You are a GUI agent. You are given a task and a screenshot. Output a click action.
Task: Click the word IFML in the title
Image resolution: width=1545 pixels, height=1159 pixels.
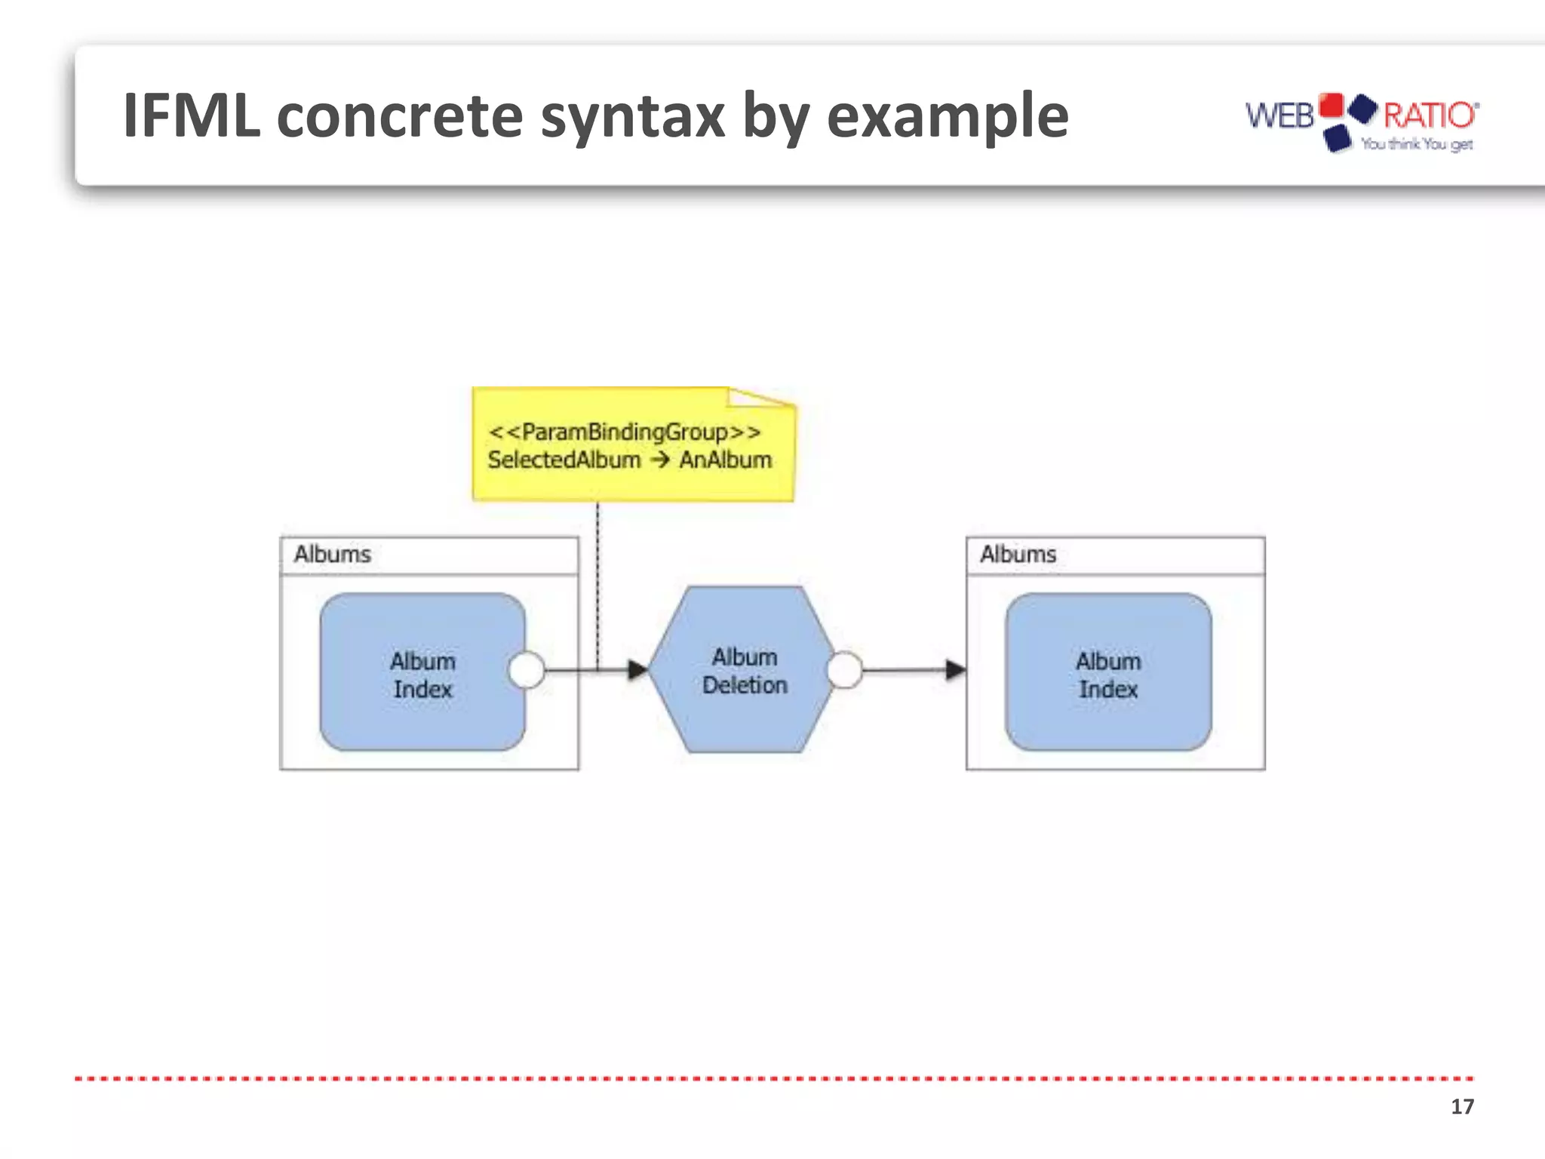192,116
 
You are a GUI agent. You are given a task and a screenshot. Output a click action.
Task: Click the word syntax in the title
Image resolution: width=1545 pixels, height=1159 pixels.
632,118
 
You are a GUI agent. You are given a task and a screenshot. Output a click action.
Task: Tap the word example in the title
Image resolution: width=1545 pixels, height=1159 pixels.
948,118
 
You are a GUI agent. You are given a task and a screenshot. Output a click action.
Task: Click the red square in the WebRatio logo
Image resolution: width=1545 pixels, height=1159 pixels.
1332,106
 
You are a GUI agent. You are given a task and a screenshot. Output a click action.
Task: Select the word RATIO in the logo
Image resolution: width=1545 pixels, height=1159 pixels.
1429,115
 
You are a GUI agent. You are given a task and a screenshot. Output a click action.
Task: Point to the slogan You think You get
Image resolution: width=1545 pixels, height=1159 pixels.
1416,144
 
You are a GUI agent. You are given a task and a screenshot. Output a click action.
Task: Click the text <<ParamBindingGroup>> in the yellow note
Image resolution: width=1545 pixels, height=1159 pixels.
625,432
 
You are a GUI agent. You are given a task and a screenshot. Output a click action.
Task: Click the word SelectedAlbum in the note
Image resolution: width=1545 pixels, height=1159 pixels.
564,460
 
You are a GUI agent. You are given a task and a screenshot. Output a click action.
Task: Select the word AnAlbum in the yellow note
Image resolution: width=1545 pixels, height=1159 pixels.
725,460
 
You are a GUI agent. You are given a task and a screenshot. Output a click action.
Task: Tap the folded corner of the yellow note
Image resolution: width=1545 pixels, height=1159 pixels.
758,397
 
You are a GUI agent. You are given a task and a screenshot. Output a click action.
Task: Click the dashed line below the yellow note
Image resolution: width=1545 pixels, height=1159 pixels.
597,581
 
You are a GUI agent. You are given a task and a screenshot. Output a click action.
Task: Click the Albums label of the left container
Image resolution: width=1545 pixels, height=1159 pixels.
332,554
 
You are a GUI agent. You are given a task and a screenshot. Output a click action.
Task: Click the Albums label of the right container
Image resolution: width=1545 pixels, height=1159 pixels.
1018,554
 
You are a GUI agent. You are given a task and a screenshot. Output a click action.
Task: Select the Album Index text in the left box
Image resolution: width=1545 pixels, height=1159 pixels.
422,675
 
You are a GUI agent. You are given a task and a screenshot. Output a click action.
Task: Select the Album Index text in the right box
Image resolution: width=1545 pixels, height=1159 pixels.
1107,675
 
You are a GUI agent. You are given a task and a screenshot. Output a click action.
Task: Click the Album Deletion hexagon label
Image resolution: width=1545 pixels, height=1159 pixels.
745,671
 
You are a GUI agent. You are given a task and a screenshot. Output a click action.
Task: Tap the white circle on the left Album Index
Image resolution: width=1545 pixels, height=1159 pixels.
527,669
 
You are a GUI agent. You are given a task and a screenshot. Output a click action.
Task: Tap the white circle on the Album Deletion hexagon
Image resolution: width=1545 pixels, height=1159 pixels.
845,669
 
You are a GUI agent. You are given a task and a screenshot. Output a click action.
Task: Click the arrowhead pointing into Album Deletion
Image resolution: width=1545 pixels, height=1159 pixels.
637,669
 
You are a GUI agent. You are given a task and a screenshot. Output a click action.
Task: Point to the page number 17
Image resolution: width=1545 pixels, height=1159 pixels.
1461,1106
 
